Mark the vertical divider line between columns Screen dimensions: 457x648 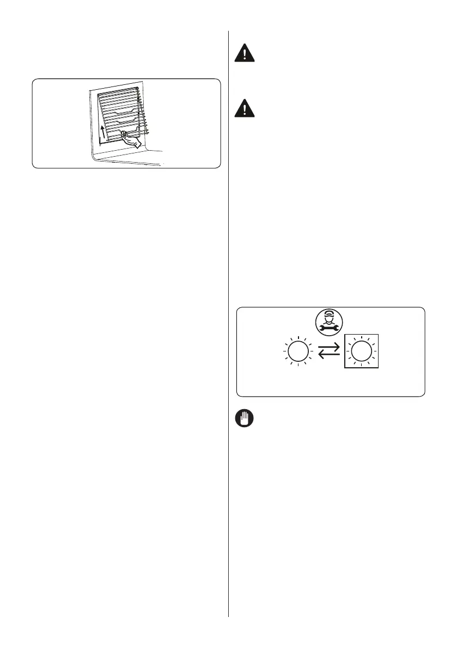tap(229, 326)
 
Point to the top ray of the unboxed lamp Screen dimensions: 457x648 tap(297, 340)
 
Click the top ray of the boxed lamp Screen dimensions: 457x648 tap(359, 340)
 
